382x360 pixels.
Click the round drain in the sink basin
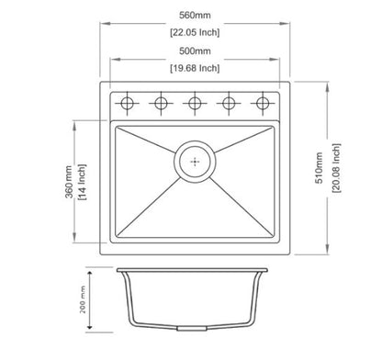click(x=194, y=160)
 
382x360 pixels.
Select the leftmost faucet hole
click(x=126, y=101)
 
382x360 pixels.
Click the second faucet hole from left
click(x=161, y=101)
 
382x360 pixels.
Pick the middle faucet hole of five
click(x=195, y=101)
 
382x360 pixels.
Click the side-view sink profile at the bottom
click(x=194, y=303)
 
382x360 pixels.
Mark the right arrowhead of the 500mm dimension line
click(x=275, y=60)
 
